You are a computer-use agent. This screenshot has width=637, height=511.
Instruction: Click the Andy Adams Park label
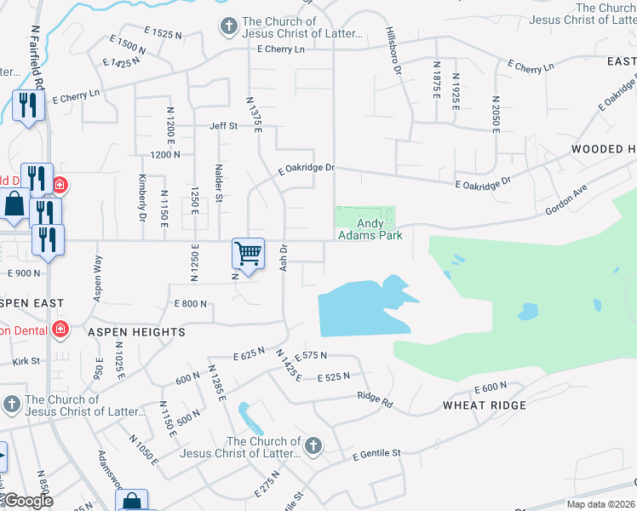[x=370, y=229]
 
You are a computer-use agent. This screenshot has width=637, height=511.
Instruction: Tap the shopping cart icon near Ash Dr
[x=248, y=253]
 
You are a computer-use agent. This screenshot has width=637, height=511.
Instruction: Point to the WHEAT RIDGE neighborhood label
[x=485, y=405]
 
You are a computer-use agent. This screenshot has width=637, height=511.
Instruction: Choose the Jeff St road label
[x=224, y=126]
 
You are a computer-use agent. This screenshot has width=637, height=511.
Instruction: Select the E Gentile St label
[x=376, y=455]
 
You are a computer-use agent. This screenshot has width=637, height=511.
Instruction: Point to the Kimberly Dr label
[x=142, y=198]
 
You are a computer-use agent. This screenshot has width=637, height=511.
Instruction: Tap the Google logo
[x=28, y=501]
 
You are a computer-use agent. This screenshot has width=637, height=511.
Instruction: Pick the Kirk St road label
[x=26, y=361]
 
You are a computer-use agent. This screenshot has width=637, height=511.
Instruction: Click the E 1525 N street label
[x=164, y=34]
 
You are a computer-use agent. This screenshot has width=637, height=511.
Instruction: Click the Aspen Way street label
[x=99, y=274]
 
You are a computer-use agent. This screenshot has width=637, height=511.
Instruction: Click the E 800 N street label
[x=190, y=304]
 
